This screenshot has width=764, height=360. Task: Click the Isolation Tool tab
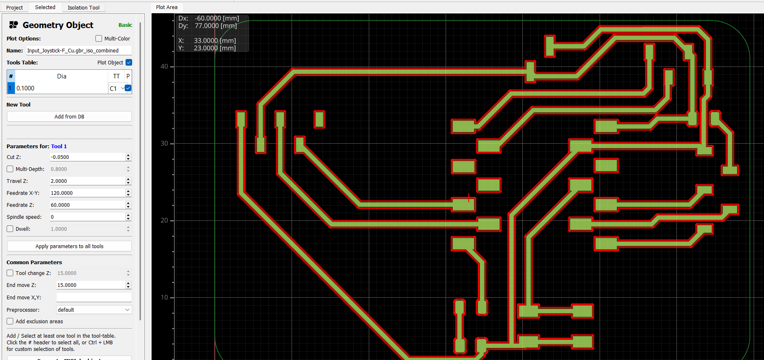(83, 7)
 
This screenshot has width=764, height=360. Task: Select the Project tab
(14, 7)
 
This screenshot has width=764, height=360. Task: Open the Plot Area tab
(167, 7)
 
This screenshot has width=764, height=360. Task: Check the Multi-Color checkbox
(99, 38)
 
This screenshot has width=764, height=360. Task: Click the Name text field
(79, 50)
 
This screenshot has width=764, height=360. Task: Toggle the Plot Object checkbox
(129, 62)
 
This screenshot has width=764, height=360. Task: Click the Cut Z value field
(88, 157)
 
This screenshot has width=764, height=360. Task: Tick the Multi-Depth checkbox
(10, 169)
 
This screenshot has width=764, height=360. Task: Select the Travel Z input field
(88, 181)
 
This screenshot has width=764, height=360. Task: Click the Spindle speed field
(88, 217)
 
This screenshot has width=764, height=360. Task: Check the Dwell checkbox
(10, 229)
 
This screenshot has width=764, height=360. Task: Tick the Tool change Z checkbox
(10, 273)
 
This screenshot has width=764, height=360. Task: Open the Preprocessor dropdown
(94, 310)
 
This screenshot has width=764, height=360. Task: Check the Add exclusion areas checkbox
(10, 321)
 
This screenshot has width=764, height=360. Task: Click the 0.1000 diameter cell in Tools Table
(62, 88)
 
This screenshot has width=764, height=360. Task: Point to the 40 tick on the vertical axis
(164, 66)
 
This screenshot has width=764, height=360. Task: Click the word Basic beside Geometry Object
(125, 25)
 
